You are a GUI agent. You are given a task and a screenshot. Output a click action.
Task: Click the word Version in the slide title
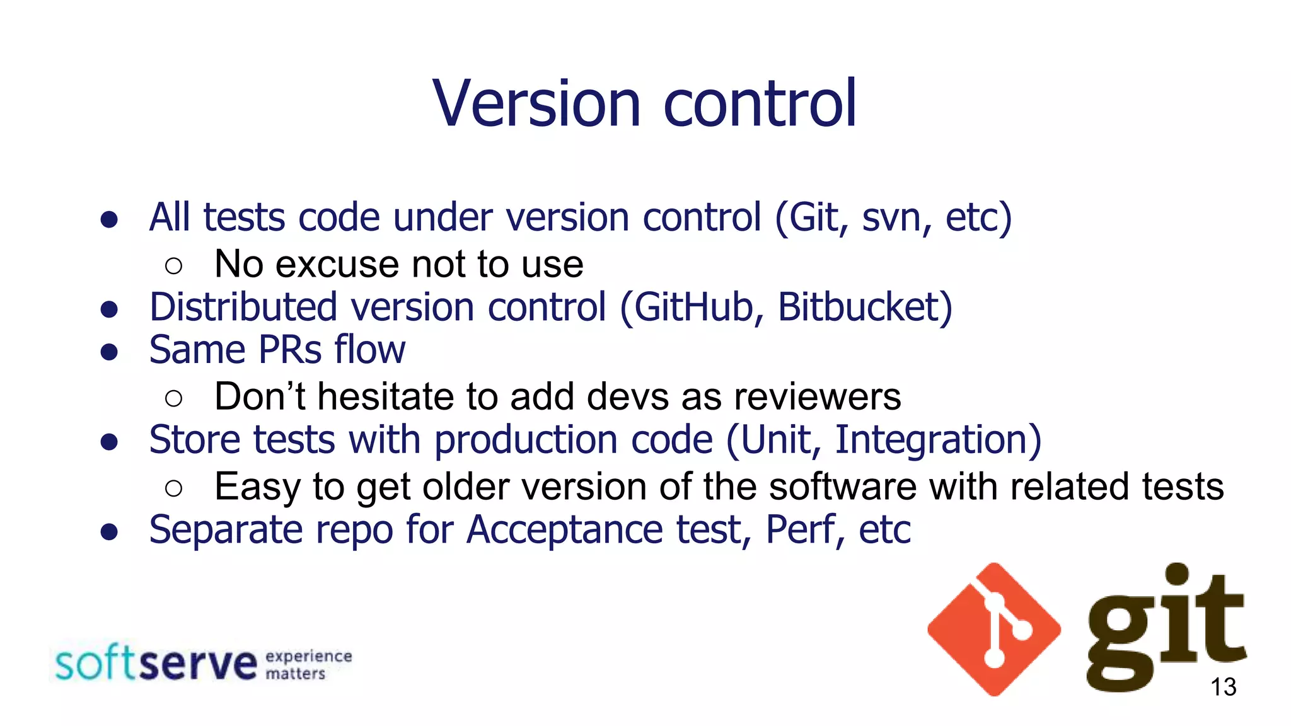(536, 103)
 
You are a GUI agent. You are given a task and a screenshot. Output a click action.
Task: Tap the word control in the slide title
(760, 103)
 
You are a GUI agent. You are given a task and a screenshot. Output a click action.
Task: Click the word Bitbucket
(864, 308)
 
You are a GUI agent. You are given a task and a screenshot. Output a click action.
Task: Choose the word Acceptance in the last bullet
(564, 530)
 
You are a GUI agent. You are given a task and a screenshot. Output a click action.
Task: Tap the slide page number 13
(1223, 687)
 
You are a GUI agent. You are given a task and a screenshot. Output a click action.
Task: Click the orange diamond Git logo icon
(994, 630)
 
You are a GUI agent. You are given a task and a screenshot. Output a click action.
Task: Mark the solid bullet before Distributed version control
(109, 309)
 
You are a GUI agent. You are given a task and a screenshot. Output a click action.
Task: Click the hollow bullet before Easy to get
(173, 488)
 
